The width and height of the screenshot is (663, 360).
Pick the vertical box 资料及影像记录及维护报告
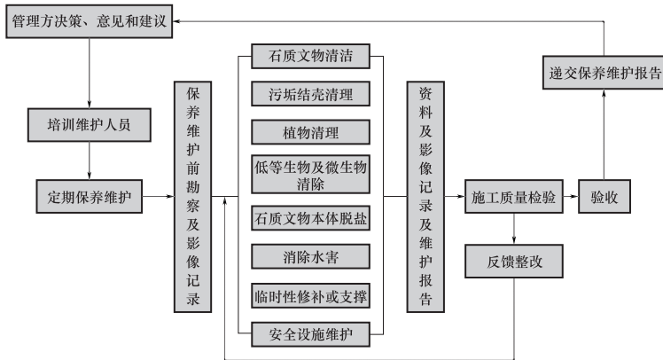[424, 196]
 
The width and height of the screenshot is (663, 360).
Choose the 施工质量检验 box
[513, 196]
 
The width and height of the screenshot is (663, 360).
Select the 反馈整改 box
[513, 262]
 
